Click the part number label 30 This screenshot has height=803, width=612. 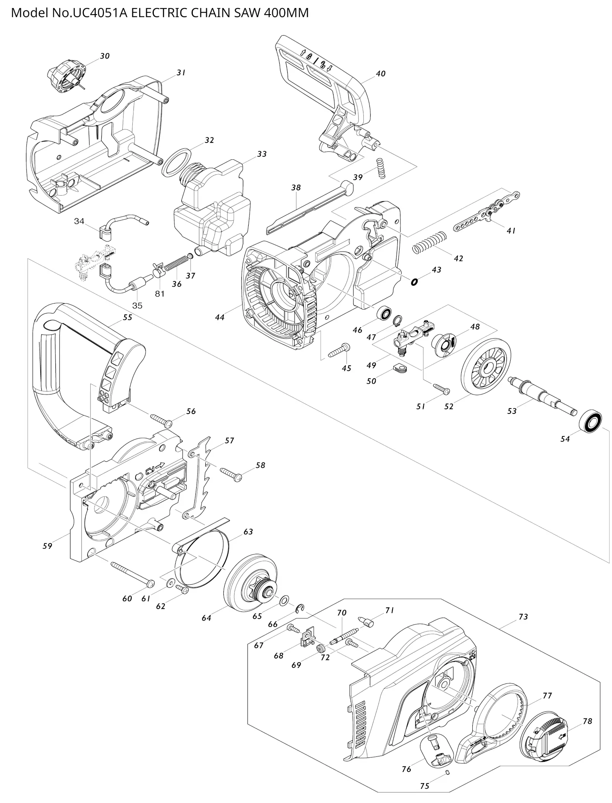coord(105,56)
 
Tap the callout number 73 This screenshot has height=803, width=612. coord(523,616)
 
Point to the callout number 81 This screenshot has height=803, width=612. coord(160,294)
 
